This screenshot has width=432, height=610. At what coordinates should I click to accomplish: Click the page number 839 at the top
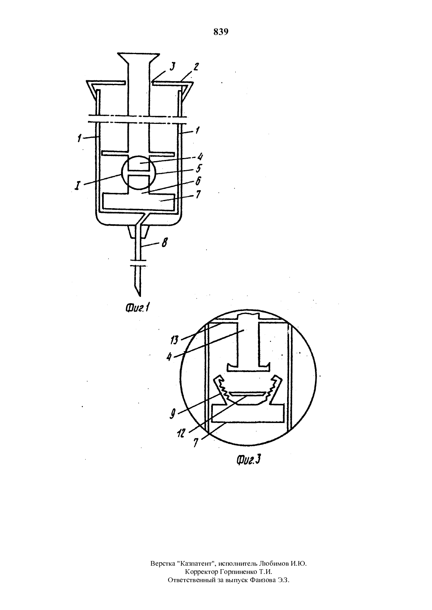[x=221, y=32]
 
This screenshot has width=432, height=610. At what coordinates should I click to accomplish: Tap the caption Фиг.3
[x=248, y=460]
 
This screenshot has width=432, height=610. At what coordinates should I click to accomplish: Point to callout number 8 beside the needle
[x=164, y=243]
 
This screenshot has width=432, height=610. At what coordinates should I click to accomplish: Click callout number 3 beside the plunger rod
[x=172, y=66]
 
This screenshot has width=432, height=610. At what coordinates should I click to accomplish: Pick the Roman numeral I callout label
[x=78, y=186]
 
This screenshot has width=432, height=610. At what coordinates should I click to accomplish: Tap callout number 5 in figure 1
[x=199, y=169]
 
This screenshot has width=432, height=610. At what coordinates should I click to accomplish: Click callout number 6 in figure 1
[x=198, y=181]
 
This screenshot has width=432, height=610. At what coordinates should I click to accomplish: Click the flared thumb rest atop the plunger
[x=139, y=56]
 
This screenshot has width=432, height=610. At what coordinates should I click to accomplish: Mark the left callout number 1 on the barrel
[x=79, y=138]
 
